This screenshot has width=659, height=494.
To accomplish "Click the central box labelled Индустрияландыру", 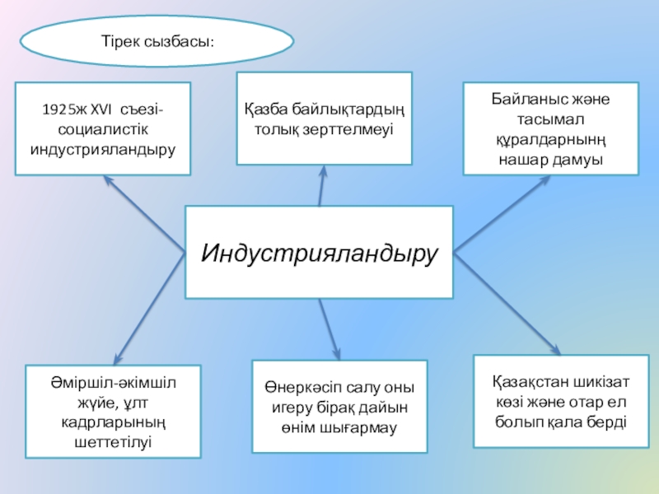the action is tap(319, 252).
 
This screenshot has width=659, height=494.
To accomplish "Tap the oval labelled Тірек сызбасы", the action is tap(157, 40).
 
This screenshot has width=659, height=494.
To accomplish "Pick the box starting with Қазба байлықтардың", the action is tap(324, 118).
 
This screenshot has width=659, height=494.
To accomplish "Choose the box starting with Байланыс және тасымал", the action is tap(549, 128).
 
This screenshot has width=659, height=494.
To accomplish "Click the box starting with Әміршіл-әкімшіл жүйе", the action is tap(113, 411).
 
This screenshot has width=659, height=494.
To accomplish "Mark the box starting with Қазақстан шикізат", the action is tap(561, 401).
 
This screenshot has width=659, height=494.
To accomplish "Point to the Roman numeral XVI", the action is tap(100, 109).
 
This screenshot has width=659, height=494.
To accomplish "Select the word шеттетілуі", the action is tap(113, 441).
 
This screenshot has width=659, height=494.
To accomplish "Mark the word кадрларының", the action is tap(113, 422).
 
